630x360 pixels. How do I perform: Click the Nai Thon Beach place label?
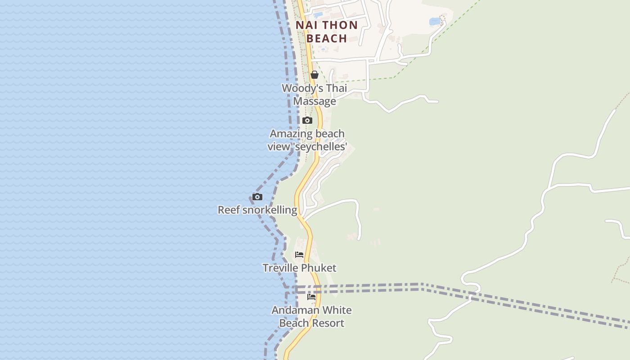(327, 31)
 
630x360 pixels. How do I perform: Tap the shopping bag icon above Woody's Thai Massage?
(315, 75)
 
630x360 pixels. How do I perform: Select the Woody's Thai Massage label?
(315, 94)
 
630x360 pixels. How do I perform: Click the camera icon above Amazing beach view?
(307, 120)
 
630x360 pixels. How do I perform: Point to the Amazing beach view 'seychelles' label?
(307, 140)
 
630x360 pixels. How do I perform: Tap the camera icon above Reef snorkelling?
(257, 197)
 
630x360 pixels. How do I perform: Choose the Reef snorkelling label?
(257, 210)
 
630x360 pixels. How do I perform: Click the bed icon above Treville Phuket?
(299, 255)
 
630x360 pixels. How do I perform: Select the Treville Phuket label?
(299, 268)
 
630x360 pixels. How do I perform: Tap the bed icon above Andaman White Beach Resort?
(311, 297)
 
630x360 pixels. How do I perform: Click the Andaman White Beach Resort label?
(311, 316)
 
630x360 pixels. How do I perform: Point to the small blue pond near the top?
(435, 22)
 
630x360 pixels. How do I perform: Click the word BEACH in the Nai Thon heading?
(327, 38)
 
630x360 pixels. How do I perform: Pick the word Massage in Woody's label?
(315, 101)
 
